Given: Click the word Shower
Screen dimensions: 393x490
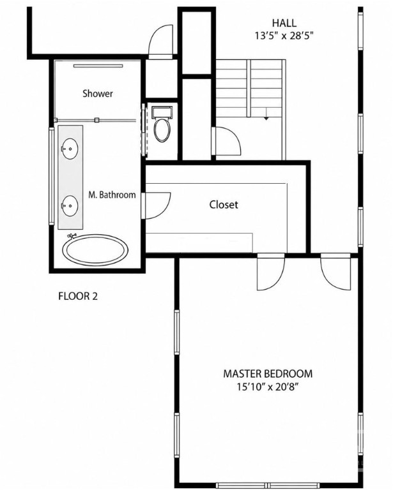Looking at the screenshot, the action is [98, 93].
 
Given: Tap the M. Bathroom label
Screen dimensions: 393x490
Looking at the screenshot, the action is [112, 195].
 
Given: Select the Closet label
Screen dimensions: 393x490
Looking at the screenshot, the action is [224, 205].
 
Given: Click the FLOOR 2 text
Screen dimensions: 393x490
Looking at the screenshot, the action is [78, 296].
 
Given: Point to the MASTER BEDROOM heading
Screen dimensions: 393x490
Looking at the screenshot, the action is [268, 374].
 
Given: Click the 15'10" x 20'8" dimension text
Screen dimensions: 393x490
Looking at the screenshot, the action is [267, 387].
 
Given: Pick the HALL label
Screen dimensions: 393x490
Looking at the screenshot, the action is [284, 23].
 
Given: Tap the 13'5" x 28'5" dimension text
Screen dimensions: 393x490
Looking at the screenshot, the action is [284, 36].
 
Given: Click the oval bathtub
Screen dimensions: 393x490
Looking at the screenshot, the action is [95, 250].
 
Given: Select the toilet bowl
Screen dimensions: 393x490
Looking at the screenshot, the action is [162, 130].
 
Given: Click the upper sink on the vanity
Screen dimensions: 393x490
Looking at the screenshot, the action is [70, 149].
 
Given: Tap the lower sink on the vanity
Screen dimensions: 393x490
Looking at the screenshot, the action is [70, 206].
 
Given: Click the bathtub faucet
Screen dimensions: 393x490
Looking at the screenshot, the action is [72, 235].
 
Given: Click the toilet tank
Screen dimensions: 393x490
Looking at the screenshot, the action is [162, 112].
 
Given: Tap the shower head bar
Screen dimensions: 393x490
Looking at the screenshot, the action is [98, 66].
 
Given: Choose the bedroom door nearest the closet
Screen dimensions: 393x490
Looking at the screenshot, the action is [271, 271].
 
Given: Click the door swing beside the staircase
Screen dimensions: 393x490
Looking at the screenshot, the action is [226, 140].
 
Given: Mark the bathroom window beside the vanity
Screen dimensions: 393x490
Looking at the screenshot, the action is [51, 176].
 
